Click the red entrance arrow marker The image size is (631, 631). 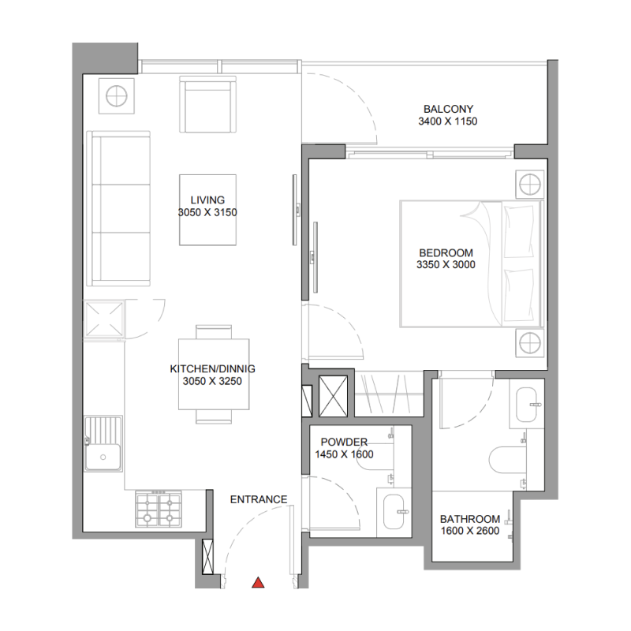[x=257, y=583]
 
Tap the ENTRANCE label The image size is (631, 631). [x=258, y=499]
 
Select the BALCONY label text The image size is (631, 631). [x=448, y=109]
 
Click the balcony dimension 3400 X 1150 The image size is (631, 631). [x=448, y=121]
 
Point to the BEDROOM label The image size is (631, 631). [x=446, y=253]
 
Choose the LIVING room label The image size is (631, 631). [x=207, y=200]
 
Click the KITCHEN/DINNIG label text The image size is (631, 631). [x=212, y=368]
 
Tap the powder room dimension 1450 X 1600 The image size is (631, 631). [x=344, y=454]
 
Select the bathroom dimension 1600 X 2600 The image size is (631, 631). [x=470, y=532]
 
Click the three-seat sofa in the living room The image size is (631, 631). [x=119, y=209]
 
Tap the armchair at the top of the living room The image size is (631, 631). [x=207, y=105]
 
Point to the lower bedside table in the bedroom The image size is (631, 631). [x=528, y=343]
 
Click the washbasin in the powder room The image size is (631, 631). [x=394, y=511]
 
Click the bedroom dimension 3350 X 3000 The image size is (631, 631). [x=446, y=266]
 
